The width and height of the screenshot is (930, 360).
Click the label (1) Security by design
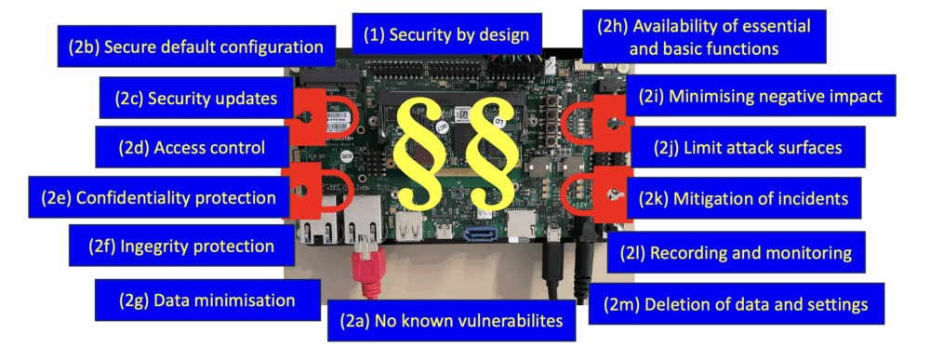[x=445, y=35]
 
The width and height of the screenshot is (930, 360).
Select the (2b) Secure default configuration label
[x=195, y=47]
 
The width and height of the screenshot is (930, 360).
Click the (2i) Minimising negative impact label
[x=753, y=97]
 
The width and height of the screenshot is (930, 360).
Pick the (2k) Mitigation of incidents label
[x=743, y=197]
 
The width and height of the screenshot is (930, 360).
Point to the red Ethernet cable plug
[x=366, y=265]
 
